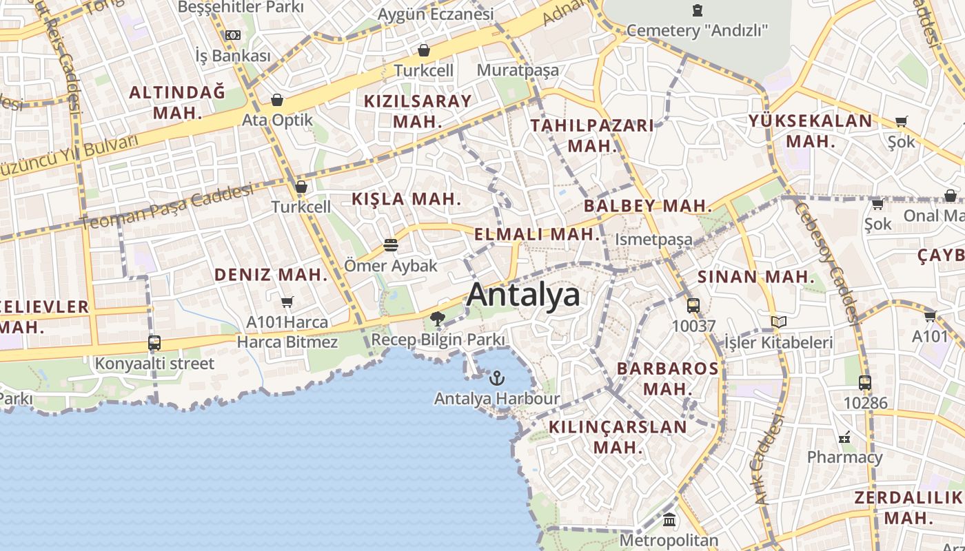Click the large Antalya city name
pyautogui.click(x=523, y=295)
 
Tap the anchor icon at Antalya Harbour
pyautogui.click(x=496, y=378)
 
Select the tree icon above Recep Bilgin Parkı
pyautogui.click(x=437, y=318)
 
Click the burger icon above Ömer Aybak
pyautogui.click(x=390, y=245)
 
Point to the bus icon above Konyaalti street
pyautogui.click(x=154, y=342)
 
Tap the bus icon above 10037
pyautogui.click(x=693, y=305)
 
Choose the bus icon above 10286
pyautogui.click(x=865, y=382)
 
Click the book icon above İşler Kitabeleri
pyautogui.click(x=779, y=322)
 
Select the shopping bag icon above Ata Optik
pyautogui.click(x=277, y=100)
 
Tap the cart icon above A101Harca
pyautogui.click(x=287, y=302)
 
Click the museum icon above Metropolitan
pyautogui.click(x=669, y=519)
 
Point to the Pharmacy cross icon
pyautogui.click(x=844, y=437)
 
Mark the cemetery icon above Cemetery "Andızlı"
pyautogui.click(x=698, y=10)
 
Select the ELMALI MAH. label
pyautogui.click(x=538, y=234)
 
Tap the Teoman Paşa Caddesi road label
pyautogui.click(x=165, y=207)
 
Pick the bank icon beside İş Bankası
pyautogui.click(x=233, y=35)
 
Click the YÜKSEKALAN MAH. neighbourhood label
pyautogui.click(x=811, y=131)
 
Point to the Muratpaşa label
pyautogui.click(x=518, y=70)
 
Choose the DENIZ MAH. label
pyautogui.click(x=271, y=274)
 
